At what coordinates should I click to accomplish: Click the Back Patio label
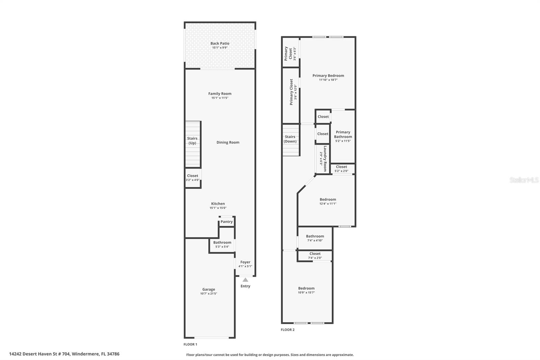[x=220, y=44]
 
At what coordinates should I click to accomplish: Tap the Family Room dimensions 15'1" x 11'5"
[x=220, y=98]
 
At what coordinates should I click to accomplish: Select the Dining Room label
[x=228, y=143]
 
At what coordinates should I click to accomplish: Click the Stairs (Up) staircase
[x=193, y=144]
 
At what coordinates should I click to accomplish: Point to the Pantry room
[x=226, y=222]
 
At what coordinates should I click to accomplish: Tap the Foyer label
[x=245, y=262]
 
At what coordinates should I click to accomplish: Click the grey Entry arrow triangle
[x=245, y=280]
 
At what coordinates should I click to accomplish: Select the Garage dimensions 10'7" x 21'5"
[x=209, y=294]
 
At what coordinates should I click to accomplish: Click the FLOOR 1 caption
[x=190, y=344]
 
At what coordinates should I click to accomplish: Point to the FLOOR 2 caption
[x=288, y=330]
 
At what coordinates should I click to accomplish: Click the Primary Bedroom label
[x=328, y=76]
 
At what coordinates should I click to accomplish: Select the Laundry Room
[x=323, y=159]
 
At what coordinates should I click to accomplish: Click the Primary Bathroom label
[x=343, y=134]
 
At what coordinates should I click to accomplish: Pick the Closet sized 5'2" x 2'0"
[x=343, y=169]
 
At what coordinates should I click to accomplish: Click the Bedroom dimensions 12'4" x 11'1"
[x=328, y=204]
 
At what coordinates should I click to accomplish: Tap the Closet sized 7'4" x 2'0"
[x=315, y=256]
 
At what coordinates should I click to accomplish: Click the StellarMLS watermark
[x=524, y=180]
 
